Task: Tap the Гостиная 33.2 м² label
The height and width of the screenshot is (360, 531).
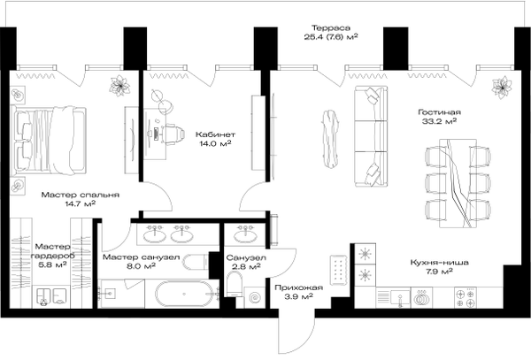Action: tap(439, 117)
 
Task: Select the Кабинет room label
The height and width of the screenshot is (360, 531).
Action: tap(215, 134)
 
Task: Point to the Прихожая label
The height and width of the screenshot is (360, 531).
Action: tap(299, 287)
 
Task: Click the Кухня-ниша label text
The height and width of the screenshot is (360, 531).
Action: tap(439, 262)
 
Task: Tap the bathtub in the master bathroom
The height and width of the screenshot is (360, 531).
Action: tap(185, 294)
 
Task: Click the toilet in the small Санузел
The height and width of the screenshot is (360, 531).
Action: tap(234, 284)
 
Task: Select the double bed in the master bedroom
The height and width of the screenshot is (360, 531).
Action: tap(48, 142)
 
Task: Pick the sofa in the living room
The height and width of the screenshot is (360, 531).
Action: tap(371, 136)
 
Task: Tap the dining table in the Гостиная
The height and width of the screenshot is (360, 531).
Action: tap(458, 183)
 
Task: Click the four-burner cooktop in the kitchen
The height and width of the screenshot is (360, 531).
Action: tap(466, 298)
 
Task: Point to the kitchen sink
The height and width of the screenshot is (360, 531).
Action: tap(400, 298)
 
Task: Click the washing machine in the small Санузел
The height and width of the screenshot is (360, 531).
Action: tap(255, 298)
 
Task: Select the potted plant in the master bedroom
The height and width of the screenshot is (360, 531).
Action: tap(119, 86)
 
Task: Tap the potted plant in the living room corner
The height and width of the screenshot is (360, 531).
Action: tap(502, 88)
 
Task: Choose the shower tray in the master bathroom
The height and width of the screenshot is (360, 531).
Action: tap(120, 294)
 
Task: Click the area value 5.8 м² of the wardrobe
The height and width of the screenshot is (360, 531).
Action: tap(52, 265)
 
